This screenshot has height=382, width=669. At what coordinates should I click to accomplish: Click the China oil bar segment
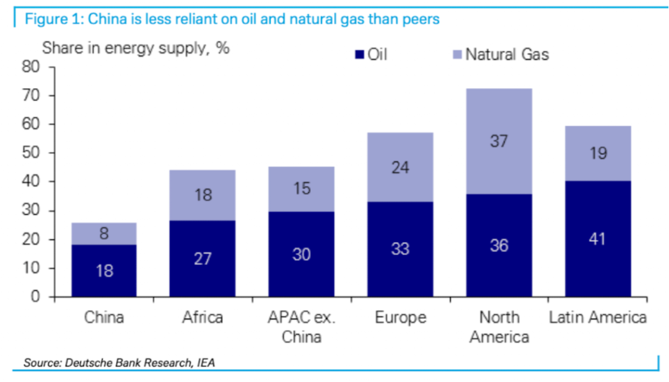point(104,271)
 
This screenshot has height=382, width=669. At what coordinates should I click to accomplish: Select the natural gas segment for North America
point(499,141)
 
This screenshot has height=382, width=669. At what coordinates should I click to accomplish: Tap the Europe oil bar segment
point(400,249)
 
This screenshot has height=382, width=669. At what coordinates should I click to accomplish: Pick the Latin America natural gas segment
point(598,153)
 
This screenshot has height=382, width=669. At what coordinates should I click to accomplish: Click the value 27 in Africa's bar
point(203,258)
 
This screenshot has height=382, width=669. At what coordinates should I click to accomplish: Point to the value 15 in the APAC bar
point(302,189)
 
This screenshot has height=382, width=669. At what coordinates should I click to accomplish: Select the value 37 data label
point(499,141)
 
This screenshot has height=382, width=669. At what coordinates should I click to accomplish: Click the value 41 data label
point(598,239)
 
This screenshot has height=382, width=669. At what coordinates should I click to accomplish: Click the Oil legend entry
point(370,55)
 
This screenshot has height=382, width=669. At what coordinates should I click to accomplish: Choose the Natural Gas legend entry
point(500,55)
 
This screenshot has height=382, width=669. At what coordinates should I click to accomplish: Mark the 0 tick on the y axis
point(35,297)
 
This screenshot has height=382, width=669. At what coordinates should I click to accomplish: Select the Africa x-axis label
point(203,318)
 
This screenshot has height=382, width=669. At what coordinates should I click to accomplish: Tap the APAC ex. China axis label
point(302,327)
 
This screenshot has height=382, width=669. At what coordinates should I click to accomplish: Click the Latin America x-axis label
point(598,318)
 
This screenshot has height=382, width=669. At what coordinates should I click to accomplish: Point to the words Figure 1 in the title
point(53,19)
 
